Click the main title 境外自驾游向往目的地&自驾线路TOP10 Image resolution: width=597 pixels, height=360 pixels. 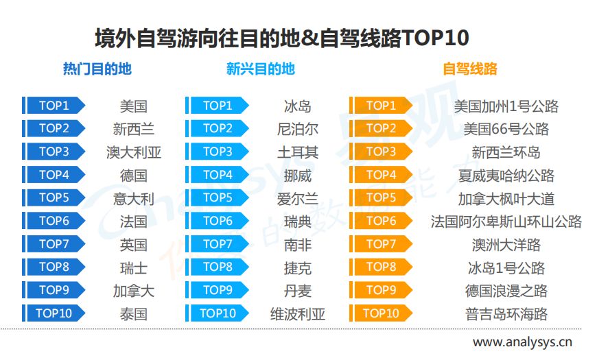[x=282, y=38]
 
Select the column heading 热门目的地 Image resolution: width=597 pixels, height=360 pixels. [x=97, y=69]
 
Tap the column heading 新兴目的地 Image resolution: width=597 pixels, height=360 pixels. [x=261, y=69]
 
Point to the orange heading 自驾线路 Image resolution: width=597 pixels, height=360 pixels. [x=470, y=69]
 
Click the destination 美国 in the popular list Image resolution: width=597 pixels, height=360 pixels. [x=134, y=106]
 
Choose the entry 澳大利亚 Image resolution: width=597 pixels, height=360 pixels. [x=134, y=153]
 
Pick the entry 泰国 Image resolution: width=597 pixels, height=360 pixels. [x=134, y=314]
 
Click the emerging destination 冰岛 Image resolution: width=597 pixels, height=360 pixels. [x=297, y=106]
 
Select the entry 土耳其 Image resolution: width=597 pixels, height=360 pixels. [x=297, y=153]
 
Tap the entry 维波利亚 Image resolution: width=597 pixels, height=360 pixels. [x=297, y=314]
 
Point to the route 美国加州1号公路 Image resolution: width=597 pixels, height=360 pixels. [x=506, y=106]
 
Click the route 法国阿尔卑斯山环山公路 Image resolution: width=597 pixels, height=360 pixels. [x=506, y=222]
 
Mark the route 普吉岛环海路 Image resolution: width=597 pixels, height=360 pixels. [x=506, y=314]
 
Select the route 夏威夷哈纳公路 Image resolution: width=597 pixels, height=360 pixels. [x=506, y=176]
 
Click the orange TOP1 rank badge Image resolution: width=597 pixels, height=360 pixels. [x=381, y=106]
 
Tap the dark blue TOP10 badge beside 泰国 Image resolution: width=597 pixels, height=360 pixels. [x=54, y=313]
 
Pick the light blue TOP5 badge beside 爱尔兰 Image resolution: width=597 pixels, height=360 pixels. [x=218, y=197]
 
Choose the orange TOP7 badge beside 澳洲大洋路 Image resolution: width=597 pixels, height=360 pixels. [x=381, y=244]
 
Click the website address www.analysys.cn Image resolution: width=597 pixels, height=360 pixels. [x=522, y=342]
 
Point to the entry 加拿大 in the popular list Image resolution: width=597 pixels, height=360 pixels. [x=134, y=291]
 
